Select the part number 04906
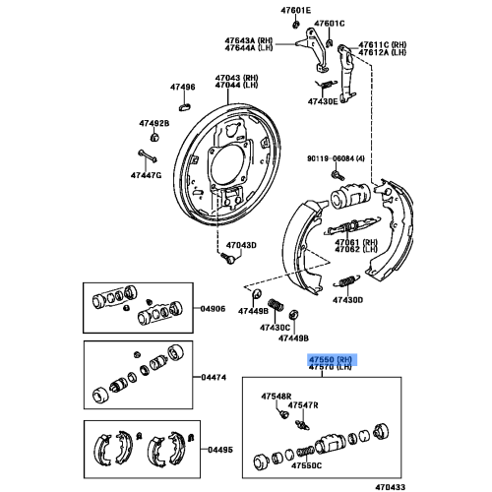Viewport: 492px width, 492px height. [215, 309]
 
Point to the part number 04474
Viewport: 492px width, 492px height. [215, 376]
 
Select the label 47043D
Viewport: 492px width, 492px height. [240, 245]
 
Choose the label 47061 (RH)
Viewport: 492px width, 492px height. [355, 241]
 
